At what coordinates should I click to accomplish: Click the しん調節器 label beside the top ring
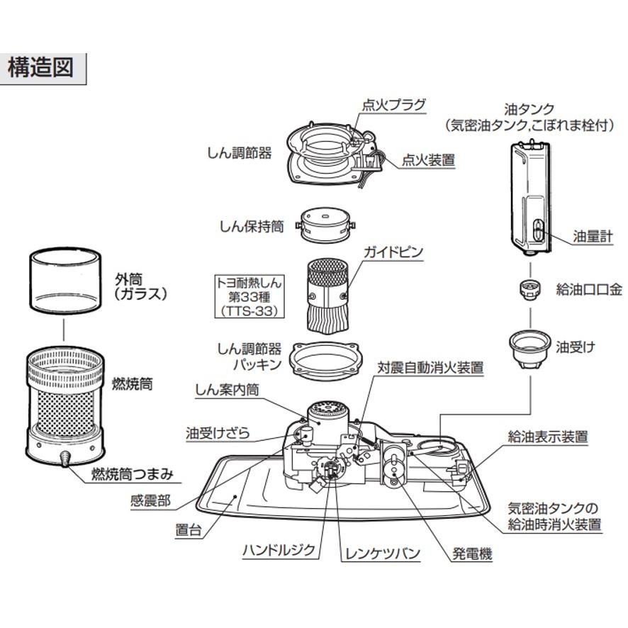click(x=239, y=153)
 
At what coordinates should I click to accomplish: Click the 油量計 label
click(x=593, y=237)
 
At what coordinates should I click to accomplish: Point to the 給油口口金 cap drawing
click(x=528, y=287)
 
